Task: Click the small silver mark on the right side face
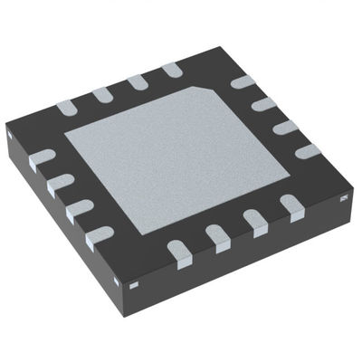(346, 196)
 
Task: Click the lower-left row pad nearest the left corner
(42, 160)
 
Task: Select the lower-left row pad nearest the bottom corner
(98, 239)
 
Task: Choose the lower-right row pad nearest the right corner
(291, 205)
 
